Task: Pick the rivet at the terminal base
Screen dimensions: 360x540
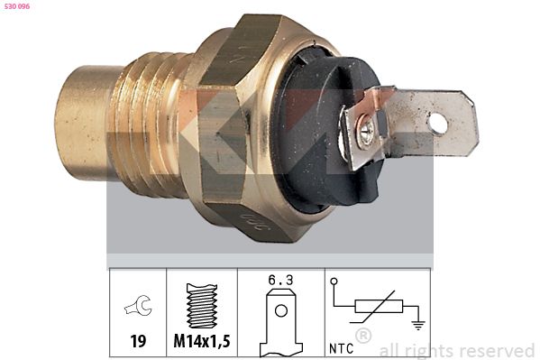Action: (367, 134)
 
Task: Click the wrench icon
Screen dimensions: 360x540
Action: (138, 308)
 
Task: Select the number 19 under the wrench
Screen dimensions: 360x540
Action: (137, 342)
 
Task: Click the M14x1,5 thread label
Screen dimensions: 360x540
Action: (201, 342)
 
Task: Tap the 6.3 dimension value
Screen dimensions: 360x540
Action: (281, 281)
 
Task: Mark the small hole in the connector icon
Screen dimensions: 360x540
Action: (280, 312)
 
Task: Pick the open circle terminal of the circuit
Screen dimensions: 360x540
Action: (334, 282)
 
